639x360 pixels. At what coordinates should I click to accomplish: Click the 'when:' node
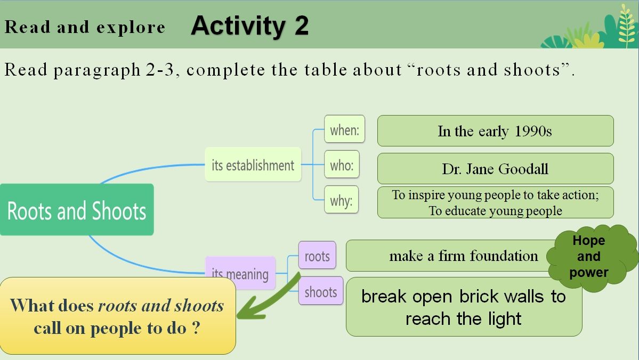point(344,129)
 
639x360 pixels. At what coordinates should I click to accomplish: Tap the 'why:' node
point(341,200)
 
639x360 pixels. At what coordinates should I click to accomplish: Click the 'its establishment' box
point(253,165)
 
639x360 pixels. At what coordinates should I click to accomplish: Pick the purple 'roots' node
point(317,255)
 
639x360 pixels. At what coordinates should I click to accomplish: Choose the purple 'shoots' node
point(321,291)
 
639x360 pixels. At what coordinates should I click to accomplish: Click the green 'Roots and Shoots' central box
point(77,210)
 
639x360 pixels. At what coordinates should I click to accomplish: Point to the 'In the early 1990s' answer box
point(495,130)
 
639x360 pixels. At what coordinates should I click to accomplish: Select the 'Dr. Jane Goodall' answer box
point(495,169)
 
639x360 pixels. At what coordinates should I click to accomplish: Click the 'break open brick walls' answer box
point(464,307)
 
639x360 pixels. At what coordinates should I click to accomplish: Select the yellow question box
point(117,316)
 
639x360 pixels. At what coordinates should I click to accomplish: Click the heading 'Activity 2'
point(249,26)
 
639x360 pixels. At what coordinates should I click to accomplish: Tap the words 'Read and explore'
point(85,27)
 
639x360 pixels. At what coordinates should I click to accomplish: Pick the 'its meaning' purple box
point(240,273)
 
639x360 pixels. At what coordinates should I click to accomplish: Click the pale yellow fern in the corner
point(626,25)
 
